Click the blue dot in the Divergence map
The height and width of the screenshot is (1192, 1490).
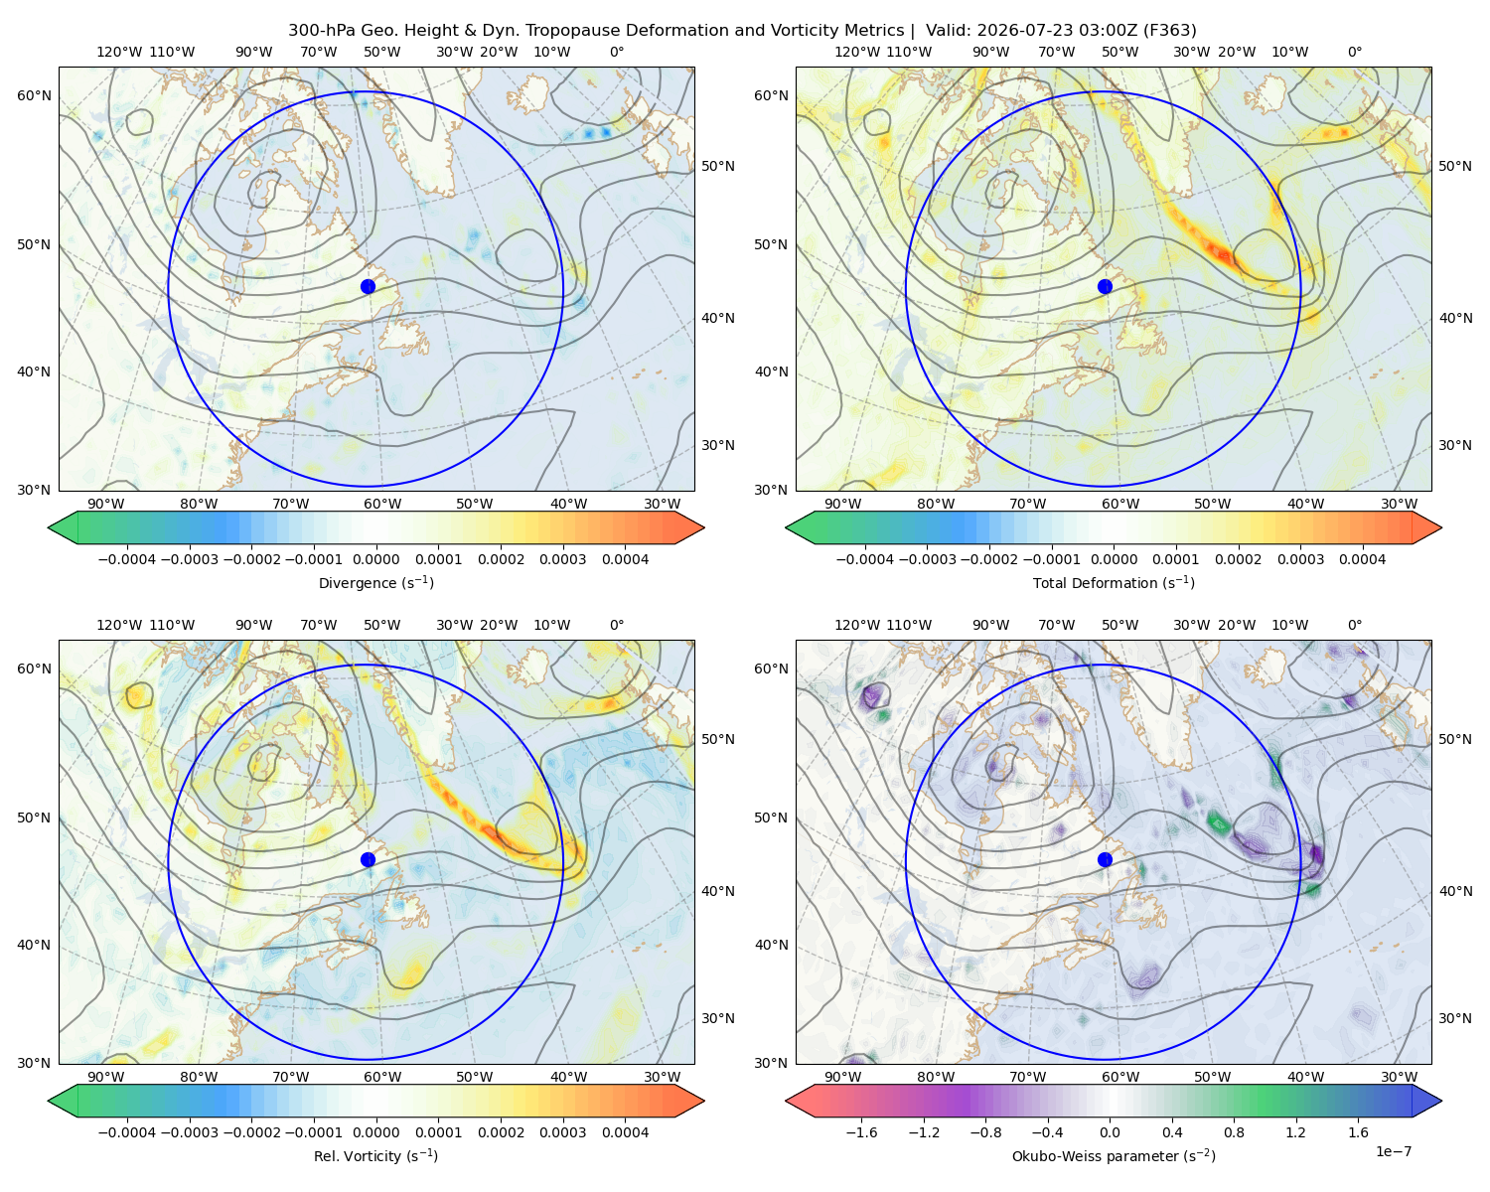point(368,286)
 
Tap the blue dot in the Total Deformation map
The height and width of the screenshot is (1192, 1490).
point(1105,286)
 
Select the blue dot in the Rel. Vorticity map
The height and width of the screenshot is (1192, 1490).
point(368,859)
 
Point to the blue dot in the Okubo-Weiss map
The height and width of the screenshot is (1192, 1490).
point(1105,859)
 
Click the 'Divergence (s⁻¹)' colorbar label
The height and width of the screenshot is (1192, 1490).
point(375,582)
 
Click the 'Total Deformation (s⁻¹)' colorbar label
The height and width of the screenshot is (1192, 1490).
point(1114,582)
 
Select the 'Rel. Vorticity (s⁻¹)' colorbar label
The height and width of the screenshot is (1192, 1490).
point(375,1155)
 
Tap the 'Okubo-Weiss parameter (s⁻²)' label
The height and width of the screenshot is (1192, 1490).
point(1114,1155)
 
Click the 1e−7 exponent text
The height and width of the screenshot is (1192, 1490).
point(1393,1151)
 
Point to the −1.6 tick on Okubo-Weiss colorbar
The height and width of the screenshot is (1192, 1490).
point(861,1132)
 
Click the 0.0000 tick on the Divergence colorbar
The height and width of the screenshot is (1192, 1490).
point(375,559)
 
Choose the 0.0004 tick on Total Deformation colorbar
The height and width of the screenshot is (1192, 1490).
point(1362,559)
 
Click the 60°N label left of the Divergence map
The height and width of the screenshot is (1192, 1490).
point(34,95)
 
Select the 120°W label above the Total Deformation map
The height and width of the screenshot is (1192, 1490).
point(857,52)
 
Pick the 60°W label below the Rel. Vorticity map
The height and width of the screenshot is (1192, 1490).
point(382,1077)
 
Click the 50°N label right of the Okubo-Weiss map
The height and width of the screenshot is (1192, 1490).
point(1454,739)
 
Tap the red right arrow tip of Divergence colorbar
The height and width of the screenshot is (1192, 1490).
point(703,527)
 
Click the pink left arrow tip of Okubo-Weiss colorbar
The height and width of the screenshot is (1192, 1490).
point(787,1101)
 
